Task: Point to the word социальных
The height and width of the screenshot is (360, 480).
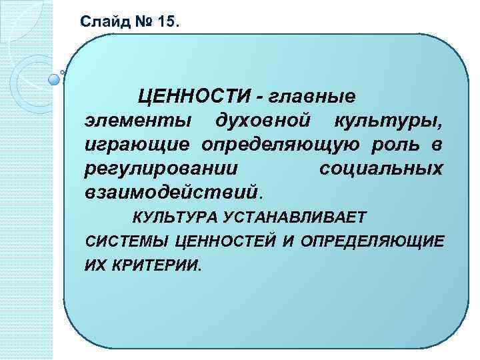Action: click(x=381, y=169)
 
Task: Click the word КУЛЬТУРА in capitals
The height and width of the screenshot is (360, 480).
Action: click(x=173, y=216)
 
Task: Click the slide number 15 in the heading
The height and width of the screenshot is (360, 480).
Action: click(x=169, y=21)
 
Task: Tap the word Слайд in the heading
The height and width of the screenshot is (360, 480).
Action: click(x=99, y=21)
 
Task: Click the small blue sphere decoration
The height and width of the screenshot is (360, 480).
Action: click(x=54, y=80)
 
